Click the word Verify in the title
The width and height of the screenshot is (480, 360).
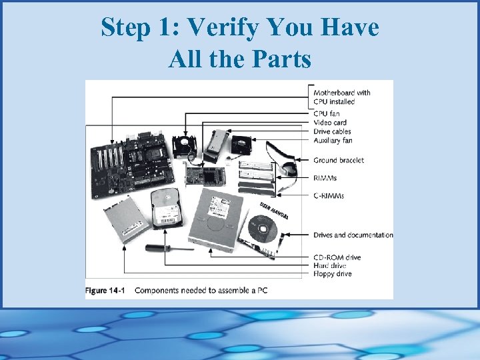(x=226, y=28)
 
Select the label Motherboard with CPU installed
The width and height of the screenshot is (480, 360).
(x=342, y=97)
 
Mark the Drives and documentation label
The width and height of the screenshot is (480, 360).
(x=353, y=235)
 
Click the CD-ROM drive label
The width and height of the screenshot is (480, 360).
(x=337, y=257)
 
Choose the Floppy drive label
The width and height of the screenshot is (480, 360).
(x=333, y=274)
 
